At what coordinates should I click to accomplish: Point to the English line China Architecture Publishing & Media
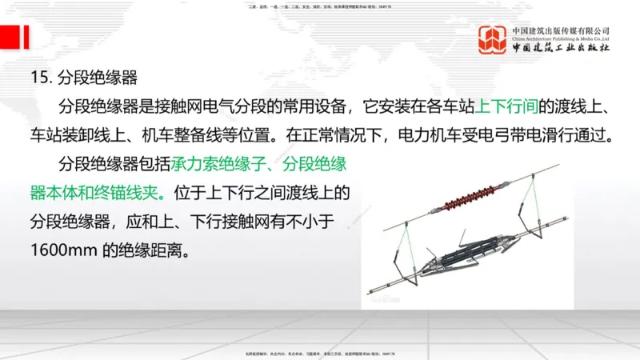point(561,38)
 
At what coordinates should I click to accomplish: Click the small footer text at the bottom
point(320,353)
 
